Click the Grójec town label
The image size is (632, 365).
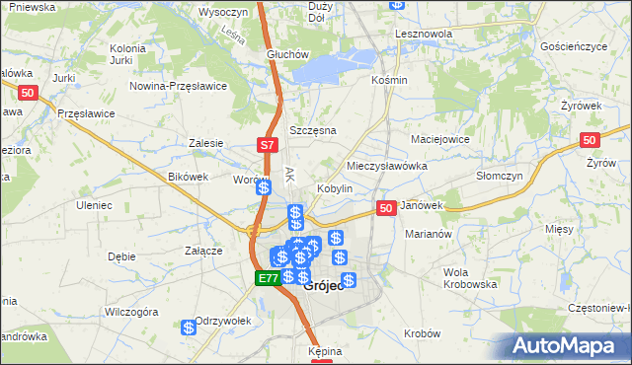[x=326, y=287]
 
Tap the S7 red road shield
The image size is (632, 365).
[x=267, y=145]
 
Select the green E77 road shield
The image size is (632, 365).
[x=267, y=279]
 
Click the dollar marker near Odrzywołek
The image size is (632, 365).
[x=189, y=328]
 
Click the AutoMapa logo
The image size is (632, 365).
[x=568, y=345]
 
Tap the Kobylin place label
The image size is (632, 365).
[x=335, y=188]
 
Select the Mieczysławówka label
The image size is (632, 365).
[x=387, y=167]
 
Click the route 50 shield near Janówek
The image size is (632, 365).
[x=386, y=208]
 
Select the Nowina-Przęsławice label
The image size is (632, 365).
[x=179, y=86]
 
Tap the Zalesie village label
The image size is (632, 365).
[x=206, y=143]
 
